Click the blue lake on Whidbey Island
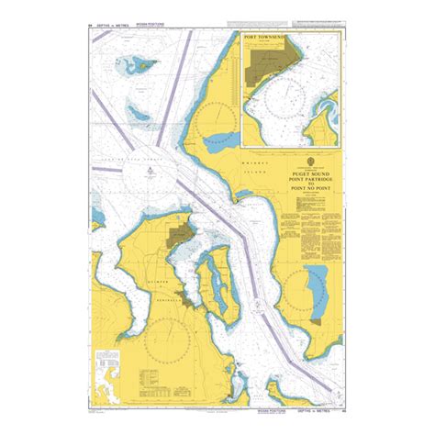220,142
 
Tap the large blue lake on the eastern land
318,297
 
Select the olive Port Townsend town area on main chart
179,235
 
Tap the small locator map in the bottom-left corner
113,367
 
